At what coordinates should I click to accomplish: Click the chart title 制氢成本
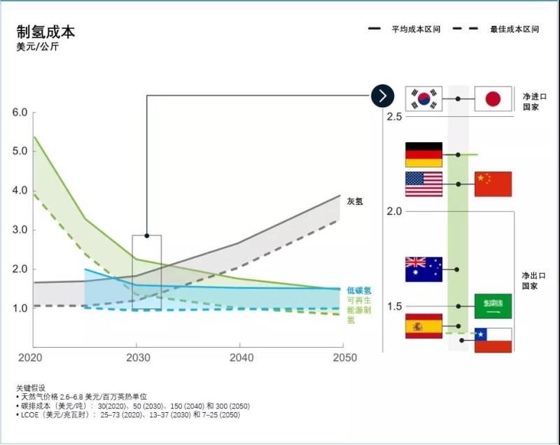point(45,32)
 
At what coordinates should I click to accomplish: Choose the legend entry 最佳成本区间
point(514,29)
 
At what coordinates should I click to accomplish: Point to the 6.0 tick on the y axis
point(20,112)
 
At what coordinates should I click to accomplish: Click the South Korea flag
point(423,99)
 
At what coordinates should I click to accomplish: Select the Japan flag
point(493,99)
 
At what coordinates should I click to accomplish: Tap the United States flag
point(423,184)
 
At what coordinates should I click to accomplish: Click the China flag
point(493,184)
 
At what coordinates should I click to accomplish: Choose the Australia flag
point(423,269)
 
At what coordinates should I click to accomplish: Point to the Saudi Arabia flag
point(493,306)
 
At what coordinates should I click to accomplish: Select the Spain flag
point(423,326)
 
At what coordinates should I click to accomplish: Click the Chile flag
point(493,340)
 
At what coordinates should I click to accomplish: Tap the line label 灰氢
point(355,202)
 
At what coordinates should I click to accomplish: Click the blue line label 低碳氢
point(358,290)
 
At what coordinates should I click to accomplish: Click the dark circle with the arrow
point(382,96)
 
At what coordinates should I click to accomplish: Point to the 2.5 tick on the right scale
point(393,115)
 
